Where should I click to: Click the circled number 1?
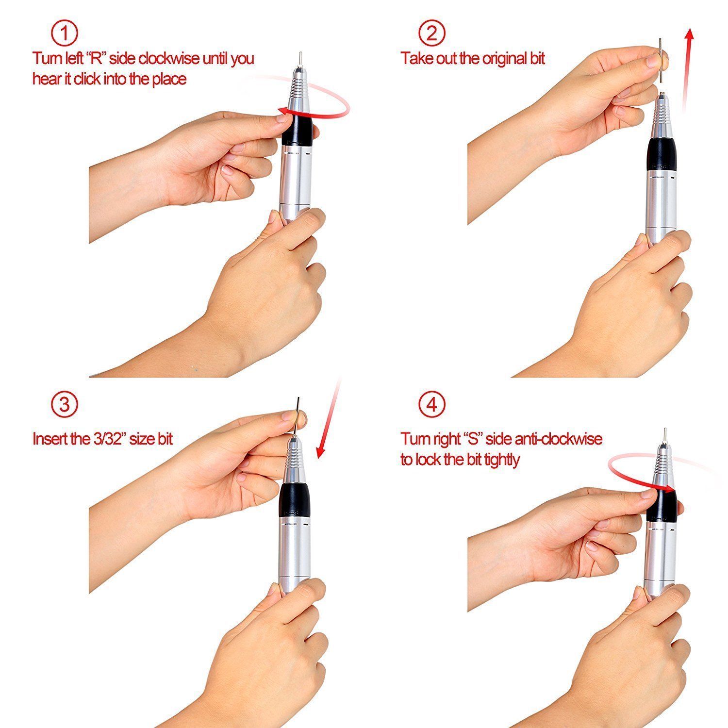pos(65,33)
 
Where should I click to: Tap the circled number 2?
pos(431,33)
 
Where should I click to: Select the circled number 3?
pos(65,404)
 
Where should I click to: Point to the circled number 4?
pos(431,404)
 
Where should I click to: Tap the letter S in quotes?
pos(471,439)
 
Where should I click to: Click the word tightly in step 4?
pos(501,460)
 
